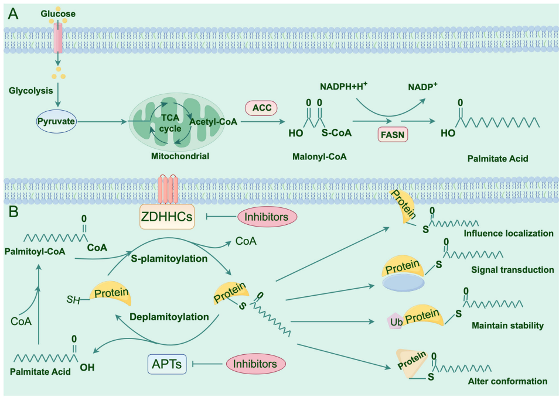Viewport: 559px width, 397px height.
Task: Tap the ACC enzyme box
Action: pos(260,108)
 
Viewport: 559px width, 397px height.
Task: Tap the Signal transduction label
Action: pos(512,270)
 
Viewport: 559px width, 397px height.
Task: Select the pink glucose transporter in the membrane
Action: pos(57,37)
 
